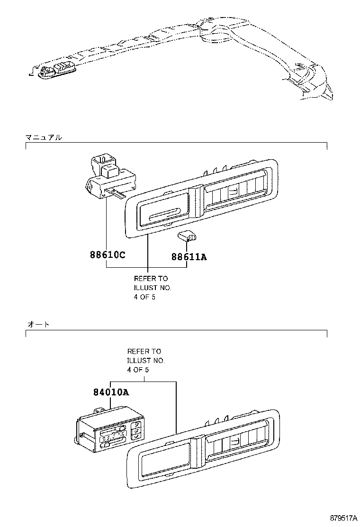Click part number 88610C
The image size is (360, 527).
107,254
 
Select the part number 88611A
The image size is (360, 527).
189,257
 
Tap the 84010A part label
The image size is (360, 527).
110,392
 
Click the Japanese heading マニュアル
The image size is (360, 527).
43,137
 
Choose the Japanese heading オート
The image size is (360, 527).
38,325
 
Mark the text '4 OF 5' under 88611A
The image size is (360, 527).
144,297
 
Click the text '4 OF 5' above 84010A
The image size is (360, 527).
138,370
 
